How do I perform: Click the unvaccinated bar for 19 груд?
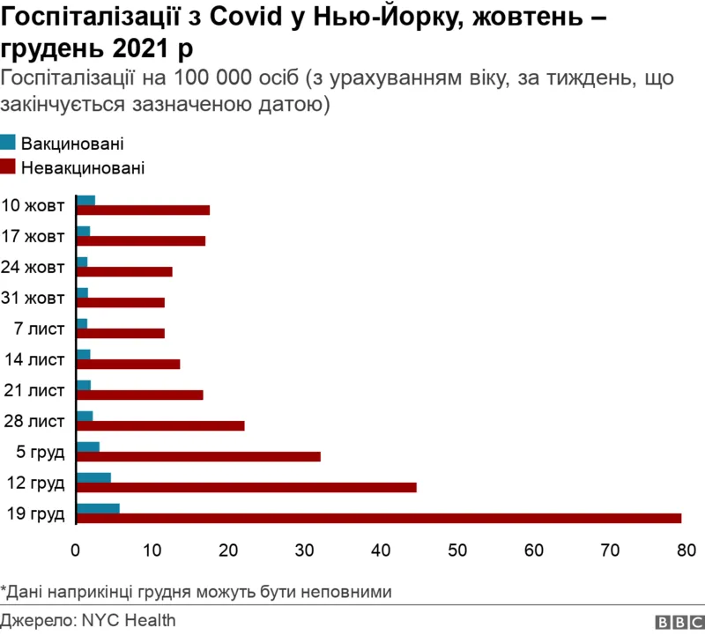coord(379,518)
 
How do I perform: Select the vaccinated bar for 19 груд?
coord(98,507)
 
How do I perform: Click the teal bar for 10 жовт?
coord(85,200)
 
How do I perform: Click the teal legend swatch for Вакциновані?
coord(8,143)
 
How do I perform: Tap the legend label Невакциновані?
coord(82,166)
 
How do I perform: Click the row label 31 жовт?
coord(35,298)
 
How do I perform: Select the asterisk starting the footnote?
coord(4,588)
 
